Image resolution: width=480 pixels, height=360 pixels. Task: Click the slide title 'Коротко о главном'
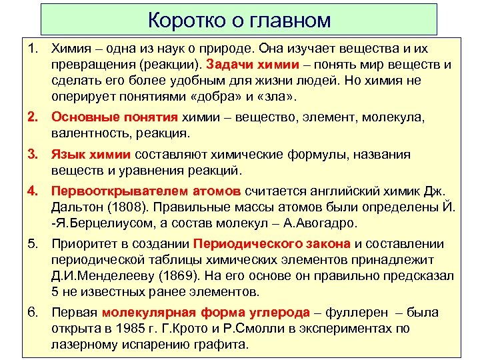(x=239, y=19)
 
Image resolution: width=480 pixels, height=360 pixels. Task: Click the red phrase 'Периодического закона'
(x=273, y=243)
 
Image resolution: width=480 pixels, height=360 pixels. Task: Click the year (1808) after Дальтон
(x=124, y=207)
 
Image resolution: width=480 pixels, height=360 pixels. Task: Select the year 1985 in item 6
(x=147, y=329)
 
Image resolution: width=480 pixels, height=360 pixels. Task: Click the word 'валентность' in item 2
(x=86, y=133)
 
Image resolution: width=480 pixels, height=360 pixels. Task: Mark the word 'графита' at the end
(x=223, y=345)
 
